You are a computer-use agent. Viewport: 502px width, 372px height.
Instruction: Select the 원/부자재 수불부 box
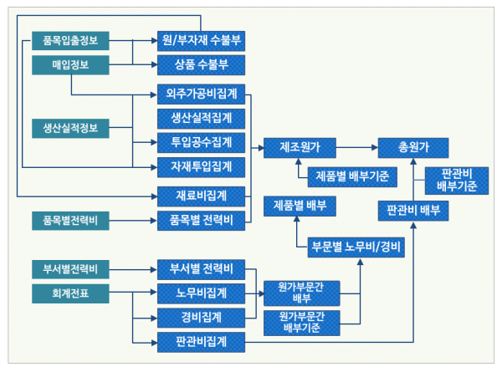pyautogui.click(x=200, y=39)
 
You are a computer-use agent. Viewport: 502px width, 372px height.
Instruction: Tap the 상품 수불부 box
pyautogui.click(x=200, y=64)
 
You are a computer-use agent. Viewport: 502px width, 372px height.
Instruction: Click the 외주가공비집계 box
pyautogui.click(x=200, y=93)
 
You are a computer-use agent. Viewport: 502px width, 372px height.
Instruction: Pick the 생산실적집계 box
pyautogui.click(x=200, y=117)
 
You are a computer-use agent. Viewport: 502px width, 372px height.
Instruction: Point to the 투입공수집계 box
pyautogui.click(x=200, y=141)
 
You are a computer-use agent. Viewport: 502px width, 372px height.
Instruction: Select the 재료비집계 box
pyautogui.click(x=200, y=196)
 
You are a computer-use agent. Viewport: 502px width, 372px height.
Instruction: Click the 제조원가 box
pyautogui.click(x=300, y=148)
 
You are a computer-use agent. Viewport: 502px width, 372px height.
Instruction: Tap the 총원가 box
pyautogui.click(x=412, y=148)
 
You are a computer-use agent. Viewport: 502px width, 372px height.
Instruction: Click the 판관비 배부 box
pyautogui.click(x=413, y=209)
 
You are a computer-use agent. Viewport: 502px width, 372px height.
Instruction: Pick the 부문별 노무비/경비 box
pyautogui.click(x=356, y=246)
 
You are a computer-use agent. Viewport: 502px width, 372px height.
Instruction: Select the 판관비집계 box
pyautogui.click(x=200, y=341)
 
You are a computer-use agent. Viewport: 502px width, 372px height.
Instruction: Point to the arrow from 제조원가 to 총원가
pyautogui.click(x=356, y=148)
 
